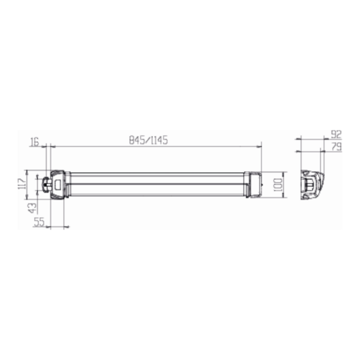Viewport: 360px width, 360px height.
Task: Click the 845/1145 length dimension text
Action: [148, 140]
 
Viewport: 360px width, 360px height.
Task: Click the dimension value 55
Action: [38, 222]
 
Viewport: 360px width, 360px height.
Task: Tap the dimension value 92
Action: [336, 135]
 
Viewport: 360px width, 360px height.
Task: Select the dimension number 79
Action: [336, 146]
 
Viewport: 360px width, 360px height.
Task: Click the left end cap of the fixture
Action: [59, 184]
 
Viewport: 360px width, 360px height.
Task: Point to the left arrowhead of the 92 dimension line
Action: [298, 140]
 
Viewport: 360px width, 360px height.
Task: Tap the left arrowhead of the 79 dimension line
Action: [299, 151]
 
